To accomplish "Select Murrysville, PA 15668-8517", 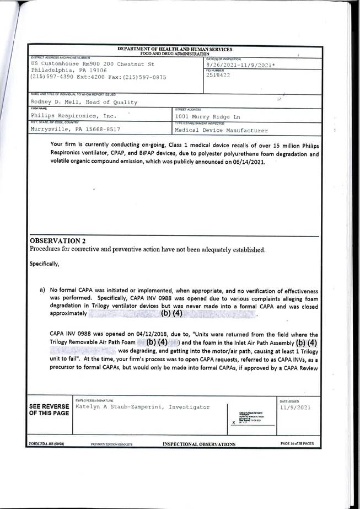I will (x=75, y=130).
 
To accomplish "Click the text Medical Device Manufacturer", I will (x=221, y=131).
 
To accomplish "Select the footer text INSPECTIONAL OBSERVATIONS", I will (x=199, y=443).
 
